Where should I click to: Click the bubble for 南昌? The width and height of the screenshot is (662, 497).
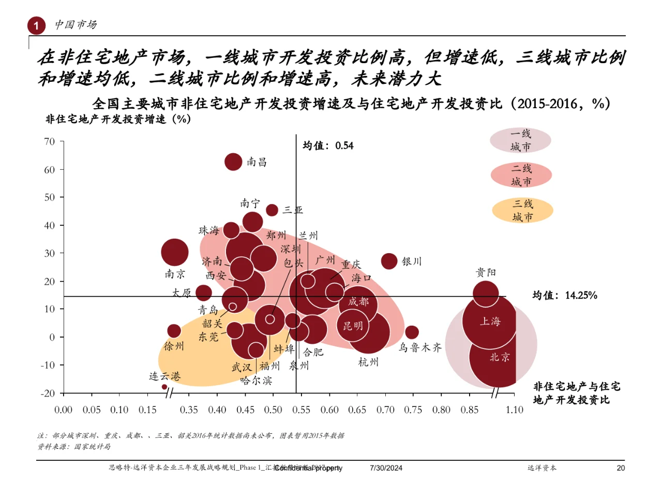(x=234, y=162)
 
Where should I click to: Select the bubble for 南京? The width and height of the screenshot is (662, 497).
(x=175, y=253)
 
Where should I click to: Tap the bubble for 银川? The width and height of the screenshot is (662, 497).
(x=389, y=261)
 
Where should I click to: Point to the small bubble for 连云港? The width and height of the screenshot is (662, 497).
(x=164, y=387)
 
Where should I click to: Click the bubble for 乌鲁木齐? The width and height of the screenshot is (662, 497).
(x=412, y=332)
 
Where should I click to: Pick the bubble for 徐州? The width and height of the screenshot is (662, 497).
(x=174, y=331)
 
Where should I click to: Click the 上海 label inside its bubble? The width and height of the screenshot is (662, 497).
(x=490, y=321)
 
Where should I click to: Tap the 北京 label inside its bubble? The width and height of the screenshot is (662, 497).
(x=500, y=357)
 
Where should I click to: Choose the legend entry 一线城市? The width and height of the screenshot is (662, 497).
(x=520, y=140)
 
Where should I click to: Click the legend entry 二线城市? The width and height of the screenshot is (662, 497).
(x=521, y=175)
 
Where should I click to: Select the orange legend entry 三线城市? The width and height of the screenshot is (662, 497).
(x=522, y=210)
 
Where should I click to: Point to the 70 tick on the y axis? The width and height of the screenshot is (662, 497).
(x=50, y=141)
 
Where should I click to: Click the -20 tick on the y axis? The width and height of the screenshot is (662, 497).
(x=48, y=393)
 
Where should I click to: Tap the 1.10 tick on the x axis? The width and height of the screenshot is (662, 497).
(x=515, y=410)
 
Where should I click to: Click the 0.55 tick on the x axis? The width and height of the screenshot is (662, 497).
(x=301, y=410)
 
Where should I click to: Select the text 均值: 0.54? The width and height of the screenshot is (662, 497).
(x=328, y=146)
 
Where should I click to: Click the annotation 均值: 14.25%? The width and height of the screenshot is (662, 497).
(x=565, y=296)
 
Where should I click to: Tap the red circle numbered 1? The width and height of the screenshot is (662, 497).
(x=36, y=25)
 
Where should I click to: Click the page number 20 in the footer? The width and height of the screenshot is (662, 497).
(x=621, y=468)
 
